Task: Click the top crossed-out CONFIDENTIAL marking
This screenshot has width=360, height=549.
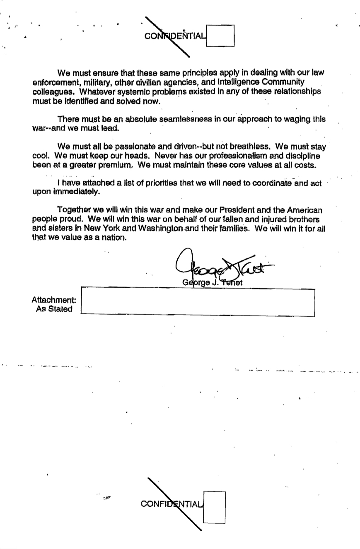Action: (174, 36)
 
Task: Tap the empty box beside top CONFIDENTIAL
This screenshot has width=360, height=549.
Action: (220, 36)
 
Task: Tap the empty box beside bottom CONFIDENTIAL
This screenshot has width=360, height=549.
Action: (215, 508)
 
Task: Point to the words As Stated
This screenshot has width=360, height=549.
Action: (54, 309)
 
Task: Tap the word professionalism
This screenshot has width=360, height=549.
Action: (232, 156)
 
